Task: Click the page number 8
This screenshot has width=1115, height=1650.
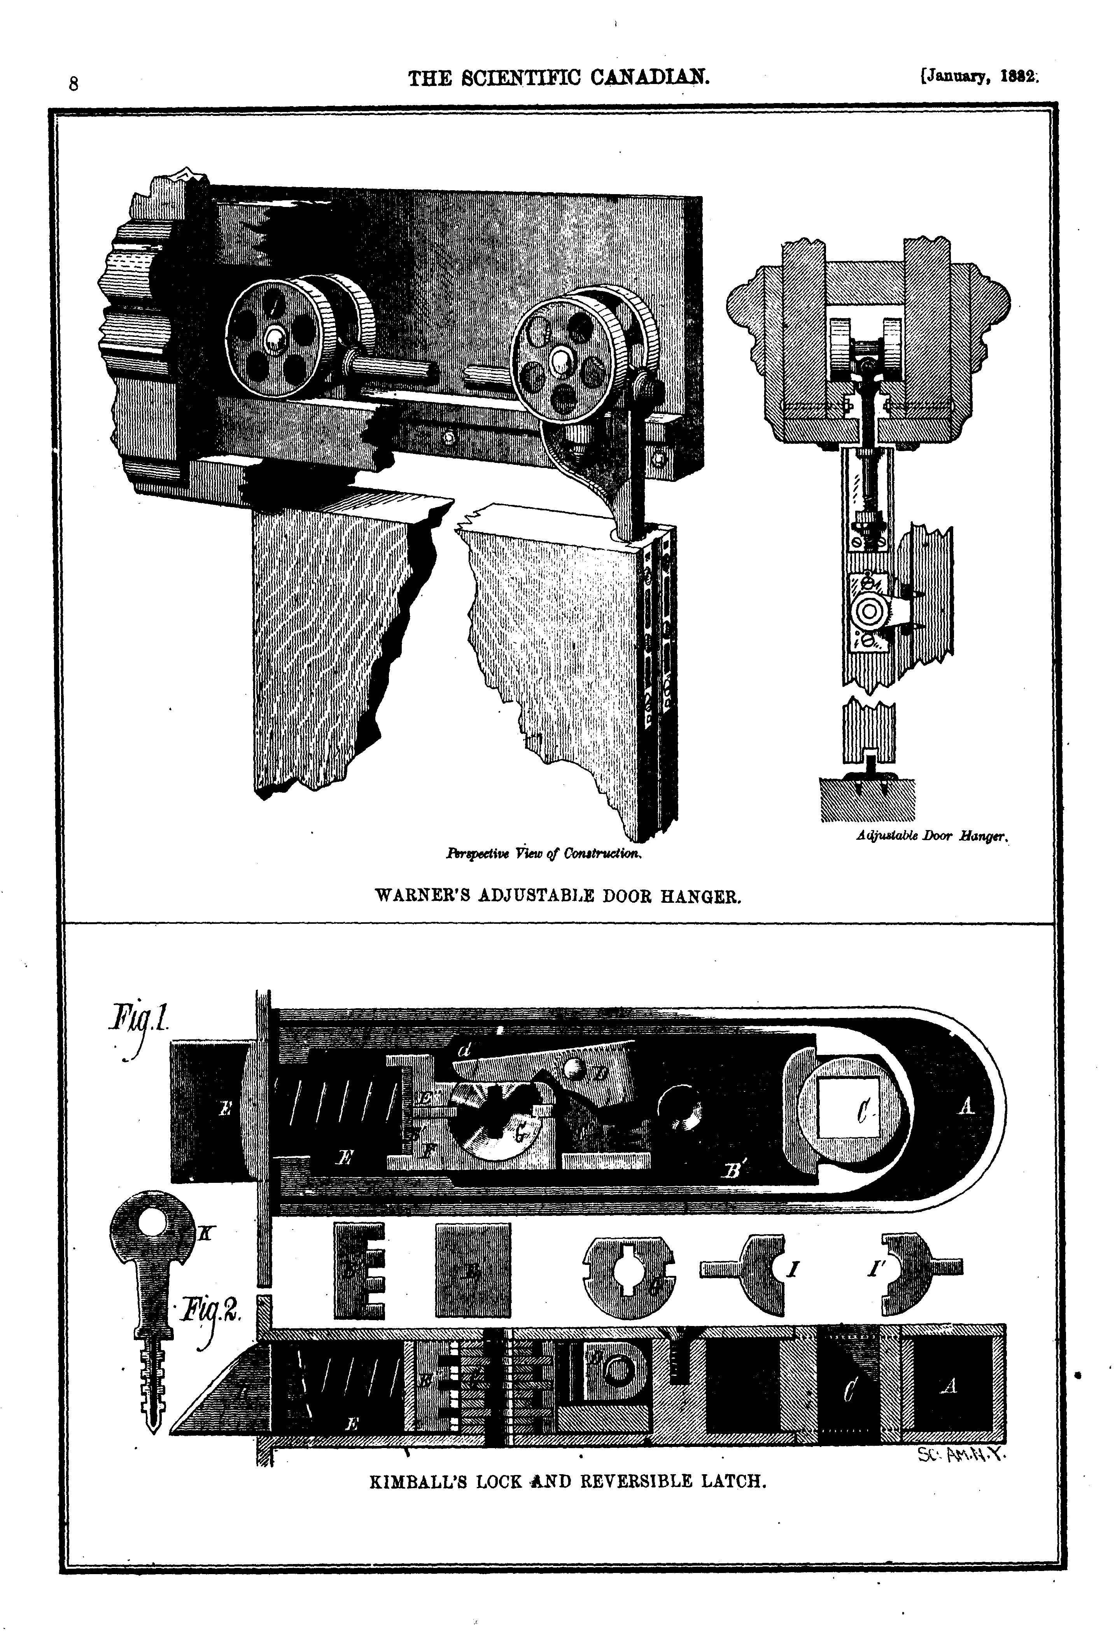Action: click(73, 84)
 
